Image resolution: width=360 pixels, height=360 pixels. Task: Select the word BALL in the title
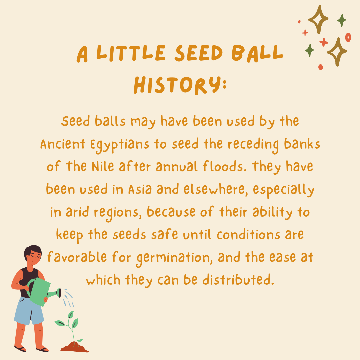click(257, 53)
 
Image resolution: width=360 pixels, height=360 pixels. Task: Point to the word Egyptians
click(120, 145)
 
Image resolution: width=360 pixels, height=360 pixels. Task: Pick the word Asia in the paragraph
click(140, 189)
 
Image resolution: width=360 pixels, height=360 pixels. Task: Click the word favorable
click(77, 257)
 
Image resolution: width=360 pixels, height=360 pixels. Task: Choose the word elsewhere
click(216, 189)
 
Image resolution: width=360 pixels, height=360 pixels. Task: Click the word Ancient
click(63, 144)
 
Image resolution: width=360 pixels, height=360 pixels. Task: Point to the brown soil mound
click(74, 347)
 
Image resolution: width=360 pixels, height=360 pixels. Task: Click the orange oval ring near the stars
click(348, 37)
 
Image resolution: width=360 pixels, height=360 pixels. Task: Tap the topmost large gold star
click(318, 19)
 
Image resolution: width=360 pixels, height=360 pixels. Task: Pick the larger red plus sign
click(324, 42)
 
